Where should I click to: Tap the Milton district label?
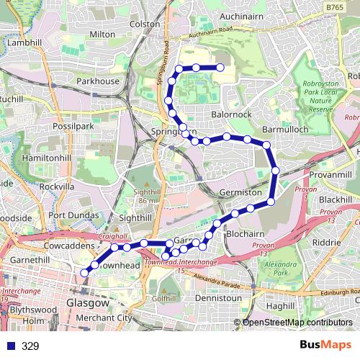[103, 33]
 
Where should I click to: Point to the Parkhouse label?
[98, 81]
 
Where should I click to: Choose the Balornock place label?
[232, 114]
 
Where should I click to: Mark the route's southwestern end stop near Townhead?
[84, 272]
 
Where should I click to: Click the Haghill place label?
[279, 305]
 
